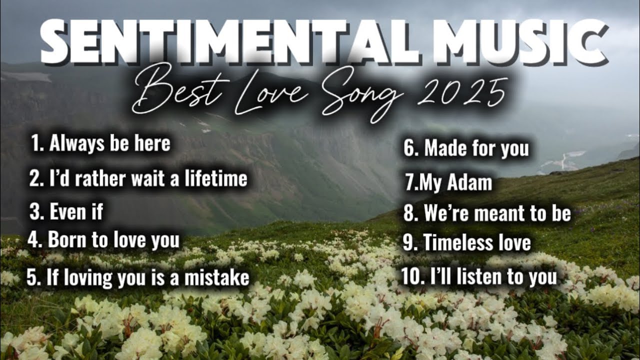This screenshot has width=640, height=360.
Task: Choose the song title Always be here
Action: [x=109, y=144]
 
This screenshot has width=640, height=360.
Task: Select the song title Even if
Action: [x=76, y=211]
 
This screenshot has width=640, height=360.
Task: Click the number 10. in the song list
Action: [x=413, y=276]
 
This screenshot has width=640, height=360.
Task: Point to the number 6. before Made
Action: [x=410, y=148]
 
